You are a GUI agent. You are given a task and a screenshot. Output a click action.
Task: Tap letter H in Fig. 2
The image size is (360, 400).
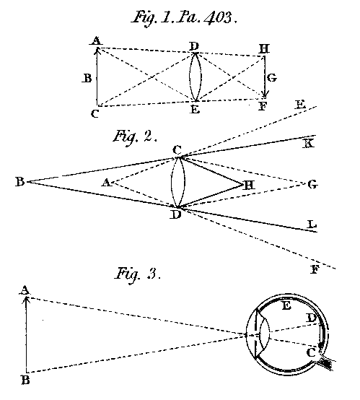pyautogui.click(x=249, y=185)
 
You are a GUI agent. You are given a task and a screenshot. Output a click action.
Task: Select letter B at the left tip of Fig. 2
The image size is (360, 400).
pyautogui.click(x=19, y=182)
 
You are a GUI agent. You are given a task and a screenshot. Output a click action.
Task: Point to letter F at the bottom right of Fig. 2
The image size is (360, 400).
pyautogui.click(x=314, y=270)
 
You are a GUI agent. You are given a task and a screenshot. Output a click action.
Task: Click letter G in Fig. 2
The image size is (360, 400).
pyautogui.click(x=312, y=185)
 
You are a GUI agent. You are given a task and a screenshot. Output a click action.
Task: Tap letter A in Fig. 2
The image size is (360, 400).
pyautogui.click(x=105, y=183)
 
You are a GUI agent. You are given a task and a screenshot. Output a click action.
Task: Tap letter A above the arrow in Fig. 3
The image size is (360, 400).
pyautogui.click(x=25, y=290)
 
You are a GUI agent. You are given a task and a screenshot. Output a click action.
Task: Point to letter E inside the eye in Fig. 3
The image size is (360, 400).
pyautogui.click(x=286, y=307)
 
